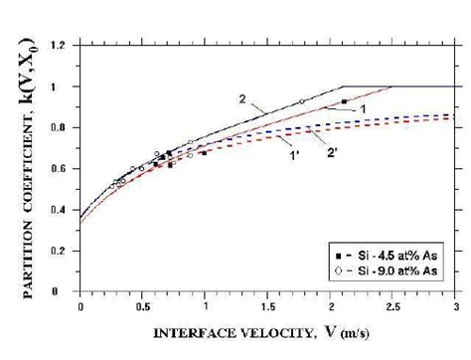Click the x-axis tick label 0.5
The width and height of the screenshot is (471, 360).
142,305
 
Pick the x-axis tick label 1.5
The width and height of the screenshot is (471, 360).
266,305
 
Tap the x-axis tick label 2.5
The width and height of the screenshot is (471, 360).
392,305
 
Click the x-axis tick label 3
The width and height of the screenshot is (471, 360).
454,305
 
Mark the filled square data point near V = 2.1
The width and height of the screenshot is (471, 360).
344,101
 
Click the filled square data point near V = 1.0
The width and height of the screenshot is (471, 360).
204,152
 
